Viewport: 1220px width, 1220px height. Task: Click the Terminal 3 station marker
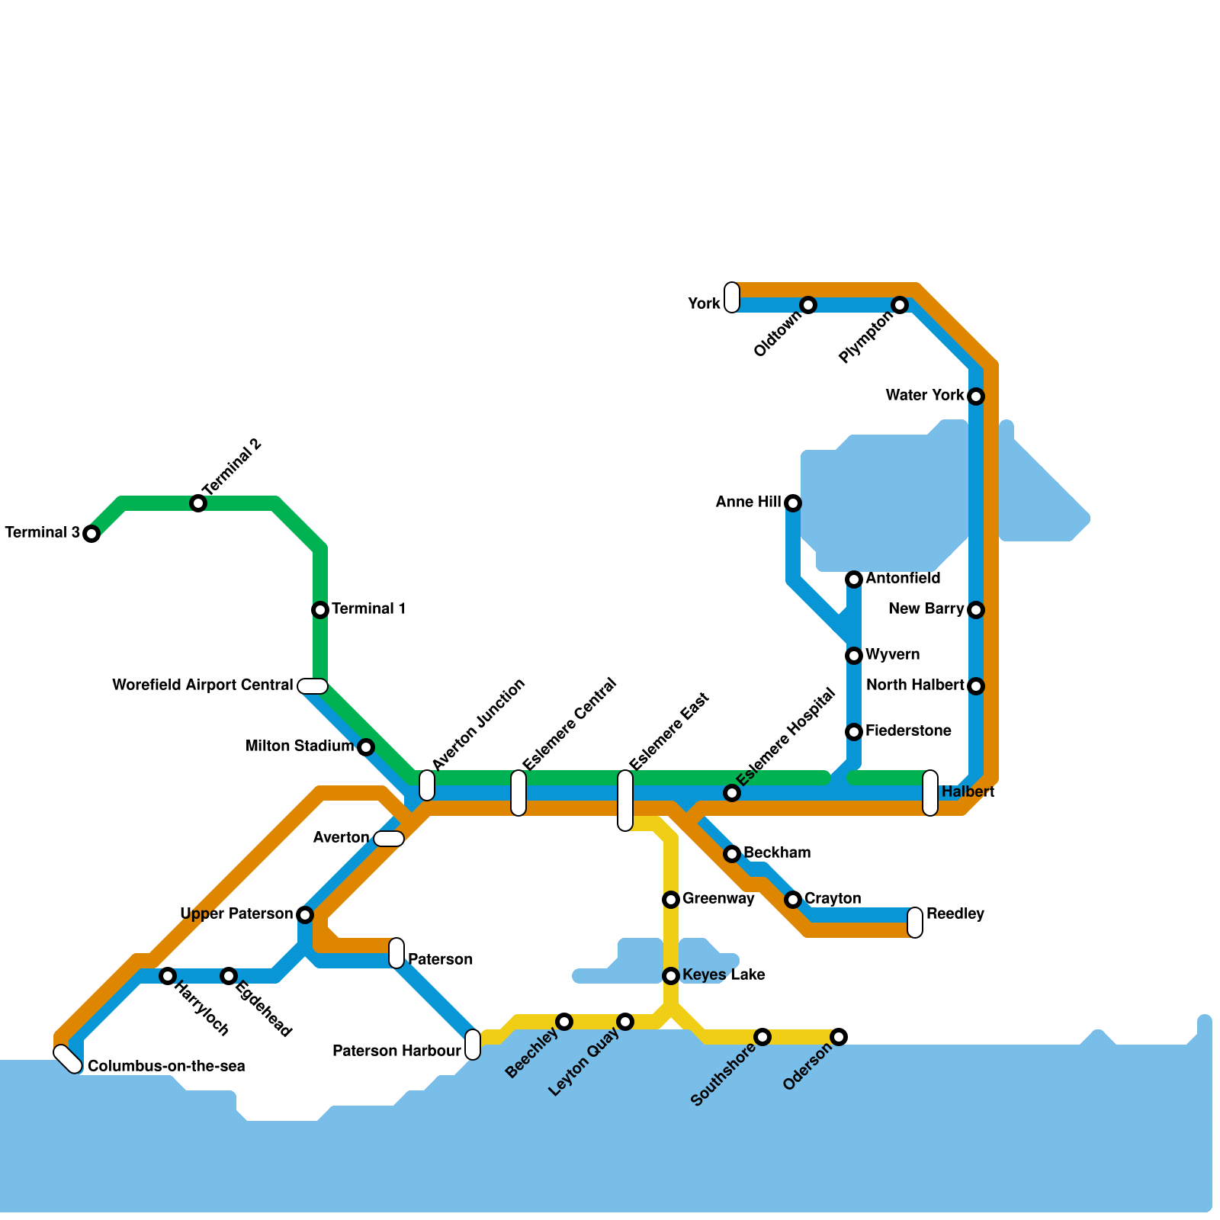point(91,534)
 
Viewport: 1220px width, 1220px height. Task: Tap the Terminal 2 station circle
point(198,503)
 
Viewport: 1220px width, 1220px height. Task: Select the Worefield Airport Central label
point(202,685)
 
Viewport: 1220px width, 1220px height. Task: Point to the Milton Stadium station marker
point(366,747)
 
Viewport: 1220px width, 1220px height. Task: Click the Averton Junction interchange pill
point(427,785)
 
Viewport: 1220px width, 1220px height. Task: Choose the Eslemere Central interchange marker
point(518,793)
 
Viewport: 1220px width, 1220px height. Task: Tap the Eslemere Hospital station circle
point(732,793)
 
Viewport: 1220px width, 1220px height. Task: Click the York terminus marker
point(732,297)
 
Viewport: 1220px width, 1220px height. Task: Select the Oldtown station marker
point(808,305)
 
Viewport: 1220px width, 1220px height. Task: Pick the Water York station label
point(925,396)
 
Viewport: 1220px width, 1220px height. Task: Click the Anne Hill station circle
point(793,503)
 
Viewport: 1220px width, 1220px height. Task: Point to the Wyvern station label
point(892,655)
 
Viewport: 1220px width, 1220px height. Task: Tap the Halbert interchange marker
point(930,793)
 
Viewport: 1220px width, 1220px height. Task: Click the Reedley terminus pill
point(915,923)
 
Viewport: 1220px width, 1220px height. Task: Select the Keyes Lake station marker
point(671,976)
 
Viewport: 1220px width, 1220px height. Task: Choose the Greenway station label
point(718,899)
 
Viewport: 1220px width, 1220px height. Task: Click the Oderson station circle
point(839,1037)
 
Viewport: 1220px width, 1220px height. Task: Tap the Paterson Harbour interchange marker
point(473,1045)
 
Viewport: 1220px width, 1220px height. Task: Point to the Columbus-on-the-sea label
point(166,1067)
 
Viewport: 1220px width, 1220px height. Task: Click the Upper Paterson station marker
point(305,915)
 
